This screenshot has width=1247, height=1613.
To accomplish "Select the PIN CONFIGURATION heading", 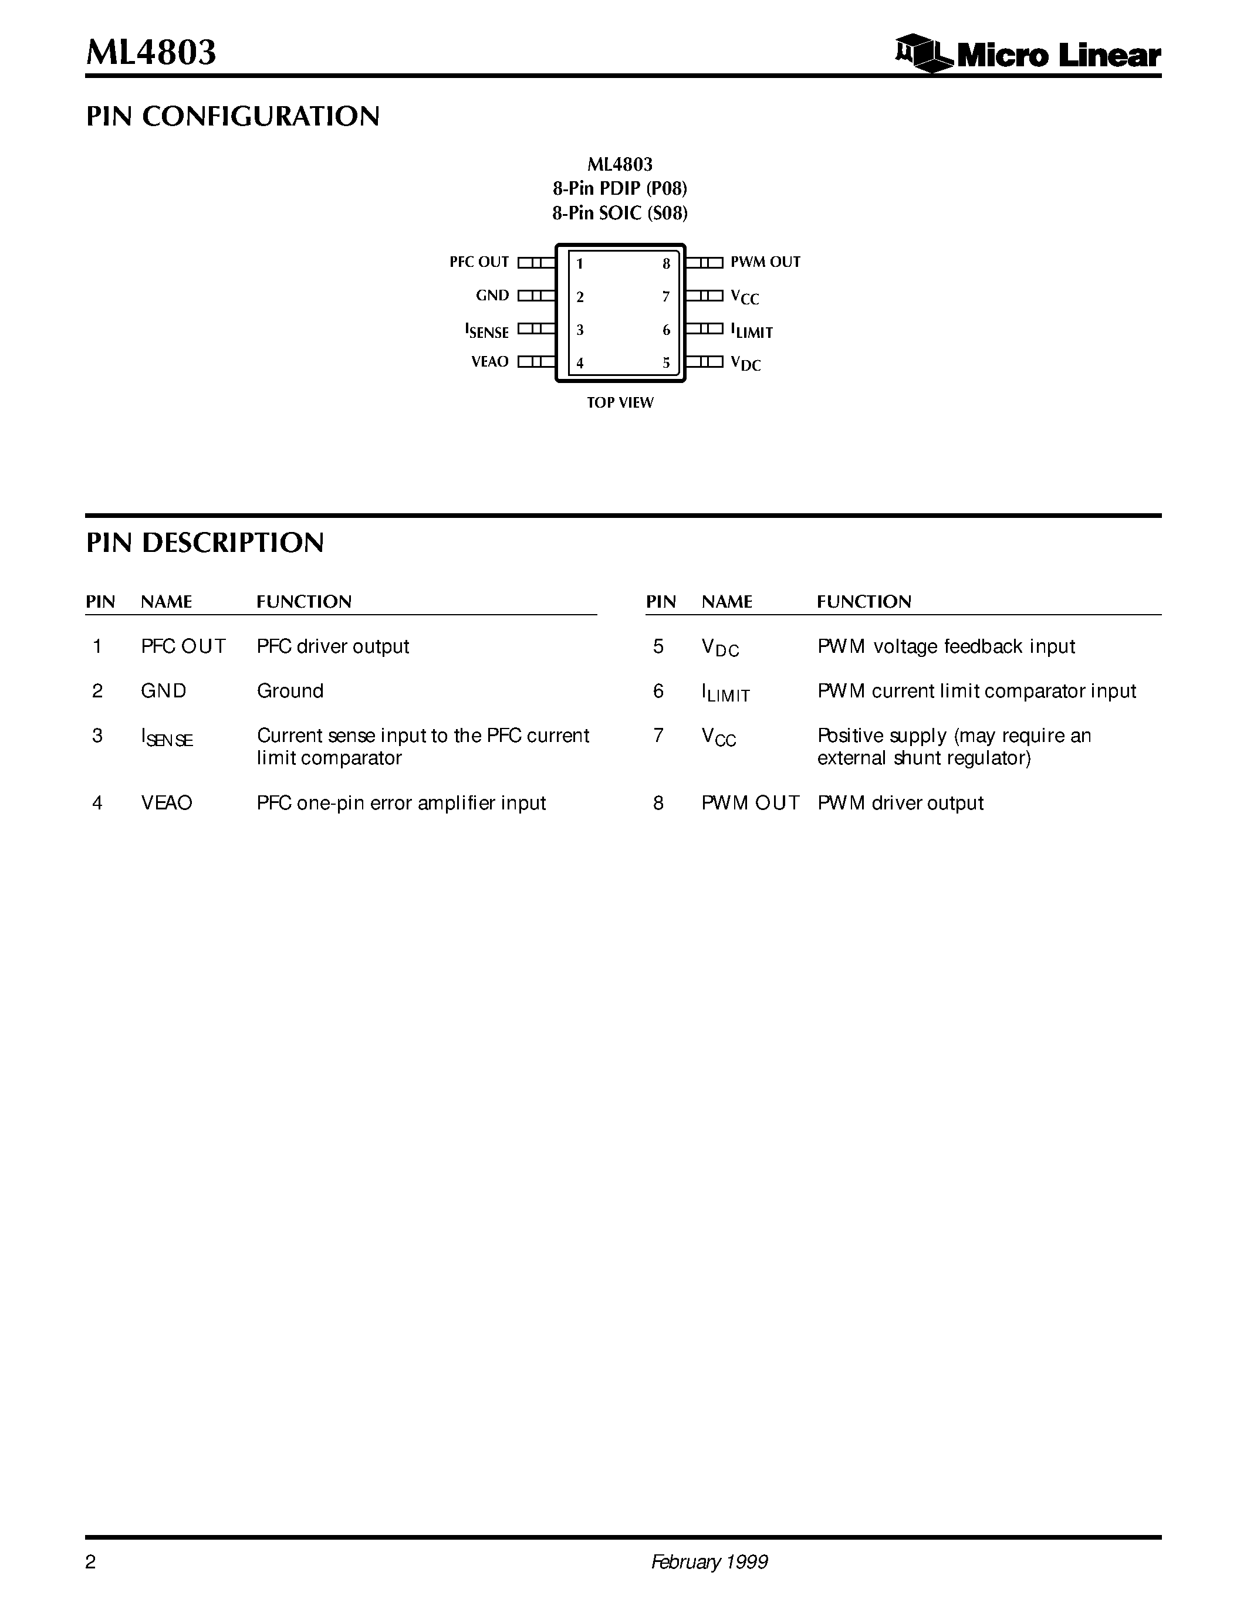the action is click(x=233, y=117).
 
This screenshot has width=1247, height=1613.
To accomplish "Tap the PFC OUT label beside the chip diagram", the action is click(x=479, y=262).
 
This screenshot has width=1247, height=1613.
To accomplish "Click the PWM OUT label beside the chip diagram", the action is click(x=765, y=262).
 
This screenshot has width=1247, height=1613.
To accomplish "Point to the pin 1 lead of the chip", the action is click(x=536, y=262).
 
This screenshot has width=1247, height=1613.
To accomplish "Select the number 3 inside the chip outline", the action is click(x=580, y=330).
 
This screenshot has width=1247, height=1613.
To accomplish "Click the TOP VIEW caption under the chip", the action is click(x=620, y=402).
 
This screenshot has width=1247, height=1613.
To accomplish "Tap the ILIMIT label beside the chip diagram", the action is click(x=751, y=331).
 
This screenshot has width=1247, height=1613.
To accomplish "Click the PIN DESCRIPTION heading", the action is click(x=205, y=543).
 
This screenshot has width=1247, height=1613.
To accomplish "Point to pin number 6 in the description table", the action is click(x=658, y=692).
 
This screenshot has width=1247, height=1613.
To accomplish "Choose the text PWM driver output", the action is click(x=900, y=803).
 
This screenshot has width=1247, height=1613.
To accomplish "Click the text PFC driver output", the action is click(x=332, y=647).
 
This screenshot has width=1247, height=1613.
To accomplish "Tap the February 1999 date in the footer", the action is click(x=709, y=1562).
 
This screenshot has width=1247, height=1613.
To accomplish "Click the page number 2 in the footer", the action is click(x=91, y=1562).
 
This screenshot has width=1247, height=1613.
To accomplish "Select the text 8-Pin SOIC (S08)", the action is click(x=620, y=214).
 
